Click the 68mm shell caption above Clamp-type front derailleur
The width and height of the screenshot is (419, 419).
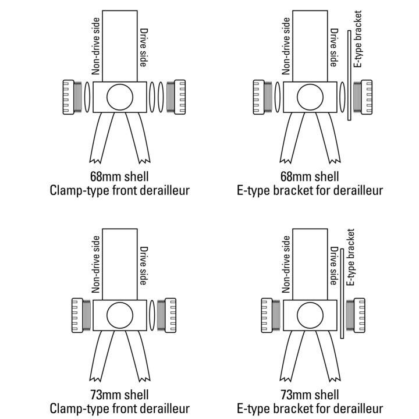(x=119, y=176)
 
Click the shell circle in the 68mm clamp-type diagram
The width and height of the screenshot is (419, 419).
(x=119, y=96)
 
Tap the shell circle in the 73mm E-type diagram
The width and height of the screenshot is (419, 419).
(x=311, y=315)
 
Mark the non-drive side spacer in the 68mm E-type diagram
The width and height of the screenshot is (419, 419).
(x=277, y=97)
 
